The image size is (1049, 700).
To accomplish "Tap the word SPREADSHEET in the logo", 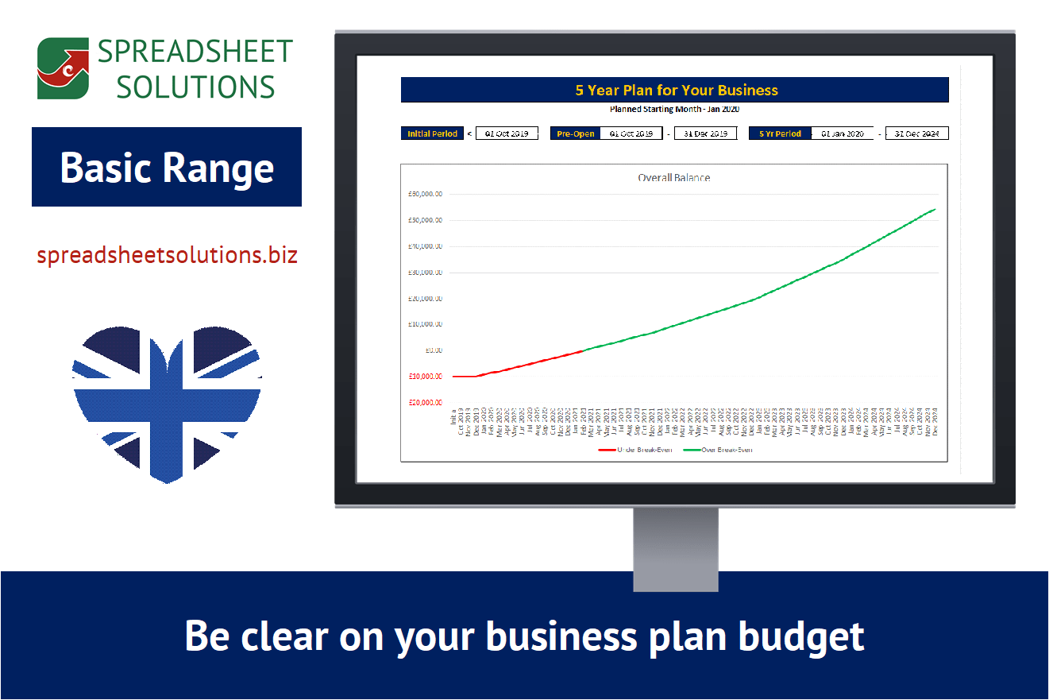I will click(195, 52).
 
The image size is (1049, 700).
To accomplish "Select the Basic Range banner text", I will click(167, 167).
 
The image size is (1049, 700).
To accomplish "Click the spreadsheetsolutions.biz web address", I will click(167, 255).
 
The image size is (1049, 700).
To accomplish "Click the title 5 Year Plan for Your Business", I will click(676, 90).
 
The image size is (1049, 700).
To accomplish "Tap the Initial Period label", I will click(433, 133).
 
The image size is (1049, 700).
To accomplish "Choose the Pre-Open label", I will click(576, 133).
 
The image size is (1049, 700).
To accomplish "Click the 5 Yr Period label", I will click(780, 133).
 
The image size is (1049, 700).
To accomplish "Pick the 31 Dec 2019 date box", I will click(705, 133).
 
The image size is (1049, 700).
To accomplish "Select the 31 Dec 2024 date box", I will click(916, 133).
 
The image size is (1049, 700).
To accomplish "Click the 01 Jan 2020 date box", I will click(842, 133).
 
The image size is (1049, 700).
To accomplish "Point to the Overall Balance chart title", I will click(673, 177).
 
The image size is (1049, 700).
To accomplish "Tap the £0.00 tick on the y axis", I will click(434, 350).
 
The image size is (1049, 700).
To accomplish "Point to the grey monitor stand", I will click(675, 548).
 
